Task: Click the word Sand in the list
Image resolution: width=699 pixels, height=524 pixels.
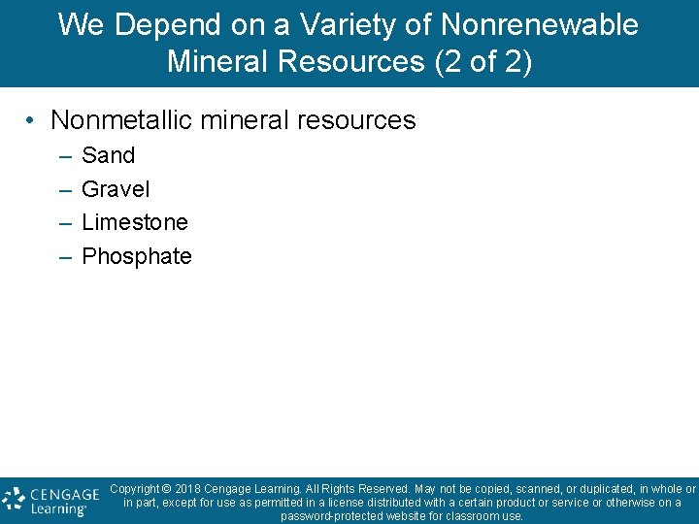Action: [108, 155]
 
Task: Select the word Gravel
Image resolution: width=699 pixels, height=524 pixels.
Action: [116, 189]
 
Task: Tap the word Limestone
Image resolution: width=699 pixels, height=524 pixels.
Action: [135, 222]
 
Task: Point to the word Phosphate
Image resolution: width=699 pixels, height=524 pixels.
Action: [137, 256]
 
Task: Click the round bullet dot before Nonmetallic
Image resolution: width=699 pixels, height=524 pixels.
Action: [32, 121]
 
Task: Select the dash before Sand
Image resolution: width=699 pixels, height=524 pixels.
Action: [64, 156]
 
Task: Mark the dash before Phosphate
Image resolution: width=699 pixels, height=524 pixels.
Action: [64, 257]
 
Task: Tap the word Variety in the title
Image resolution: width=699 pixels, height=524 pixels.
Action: [321, 25]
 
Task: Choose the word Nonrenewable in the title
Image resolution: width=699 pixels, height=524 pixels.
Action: [529, 25]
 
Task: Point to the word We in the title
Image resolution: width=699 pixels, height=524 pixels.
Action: [80, 25]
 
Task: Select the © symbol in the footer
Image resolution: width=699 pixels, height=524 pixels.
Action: [167, 489]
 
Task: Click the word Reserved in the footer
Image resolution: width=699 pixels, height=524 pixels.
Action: [384, 489]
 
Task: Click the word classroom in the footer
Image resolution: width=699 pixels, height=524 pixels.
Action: [470, 516]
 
